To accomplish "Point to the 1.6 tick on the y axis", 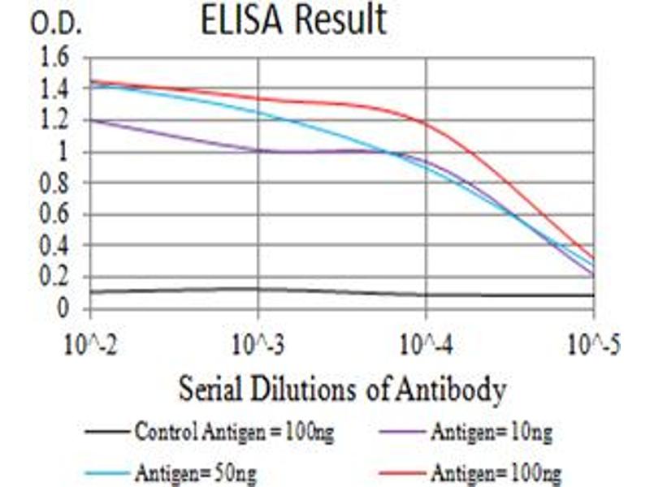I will pyautogui.click(x=62, y=58).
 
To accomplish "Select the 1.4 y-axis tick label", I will pyautogui.click(x=62, y=89).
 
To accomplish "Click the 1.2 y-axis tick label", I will pyautogui.click(x=62, y=121).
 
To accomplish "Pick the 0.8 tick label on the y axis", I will pyautogui.click(x=62, y=183).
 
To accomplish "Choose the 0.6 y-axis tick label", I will pyautogui.click(x=62, y=215).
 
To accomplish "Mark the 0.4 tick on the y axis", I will pyautogui.click(x=62, y=246).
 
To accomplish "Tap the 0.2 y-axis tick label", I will pyautogui.click(x=62, y=278).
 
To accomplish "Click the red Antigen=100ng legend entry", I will pyautogui.click(x=496, y=472).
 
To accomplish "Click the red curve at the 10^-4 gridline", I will pyautogui.click(x=426, y=123).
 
